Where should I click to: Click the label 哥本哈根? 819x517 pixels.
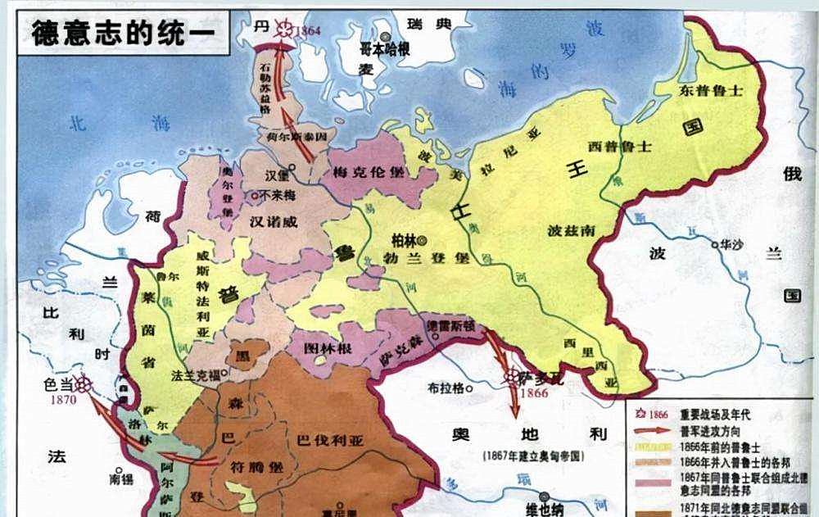click(385, 50)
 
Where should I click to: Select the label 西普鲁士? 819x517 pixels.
click(619, 147)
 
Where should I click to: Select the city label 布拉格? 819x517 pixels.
click(446, 387)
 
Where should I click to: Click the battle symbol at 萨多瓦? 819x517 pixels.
click(510, 378)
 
